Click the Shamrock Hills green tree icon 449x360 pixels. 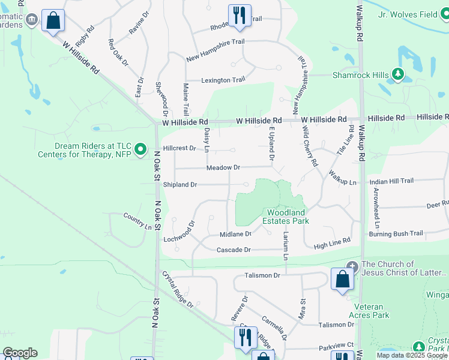[x=397, y=74]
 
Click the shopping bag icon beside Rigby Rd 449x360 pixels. [x=53, y=20]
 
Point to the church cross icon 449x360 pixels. [x=352, y=266]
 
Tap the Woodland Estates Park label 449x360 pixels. [x=288, y=217]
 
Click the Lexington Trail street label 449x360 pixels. [x=223, y=80]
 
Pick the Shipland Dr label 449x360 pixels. [x=180, y=185]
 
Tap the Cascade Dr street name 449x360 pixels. [x=233, y=250]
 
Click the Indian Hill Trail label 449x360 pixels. [x=391, y=181]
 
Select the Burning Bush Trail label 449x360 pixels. [x=396, y=233]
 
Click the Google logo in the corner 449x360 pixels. [x=20, y=353]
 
